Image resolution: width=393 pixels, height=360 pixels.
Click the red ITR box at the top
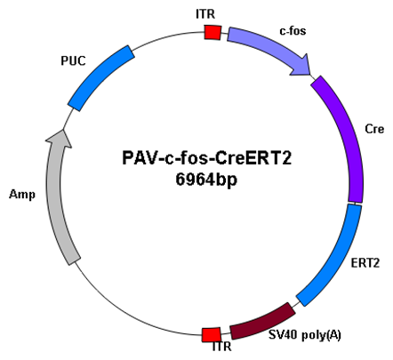click(213, 32)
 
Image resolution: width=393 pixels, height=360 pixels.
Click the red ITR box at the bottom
click(212, 335)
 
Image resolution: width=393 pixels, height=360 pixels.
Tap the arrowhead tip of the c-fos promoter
click(310, 75)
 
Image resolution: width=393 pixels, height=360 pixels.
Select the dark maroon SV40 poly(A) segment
click(262, 323)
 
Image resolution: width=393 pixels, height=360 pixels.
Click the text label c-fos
click(293, 30)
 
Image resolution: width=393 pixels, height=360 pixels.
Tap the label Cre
click(374, 129)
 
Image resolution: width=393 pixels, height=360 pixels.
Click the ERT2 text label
click(365, 263)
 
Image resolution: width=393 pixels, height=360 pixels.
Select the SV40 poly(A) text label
click(305, 335)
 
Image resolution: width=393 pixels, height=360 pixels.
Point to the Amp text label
click(22, 195)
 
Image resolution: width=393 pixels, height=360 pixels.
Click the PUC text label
click(73, 60)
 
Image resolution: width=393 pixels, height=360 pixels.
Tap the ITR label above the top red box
click(205, 14)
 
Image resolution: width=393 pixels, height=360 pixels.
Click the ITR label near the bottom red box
click(221, 346)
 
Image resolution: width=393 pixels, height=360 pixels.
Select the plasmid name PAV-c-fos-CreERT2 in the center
click(207, 157)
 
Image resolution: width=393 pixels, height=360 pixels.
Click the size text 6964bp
click(206, 180)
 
